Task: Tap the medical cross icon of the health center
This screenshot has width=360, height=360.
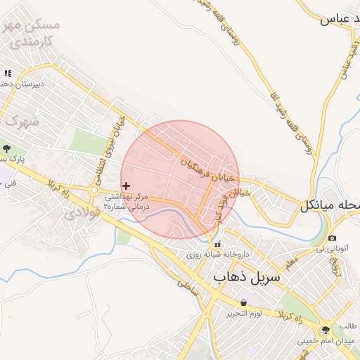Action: click(126, 186)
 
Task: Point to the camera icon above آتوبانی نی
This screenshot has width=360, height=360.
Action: click(332, 239)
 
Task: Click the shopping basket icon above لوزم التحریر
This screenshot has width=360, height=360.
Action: click(243, 302)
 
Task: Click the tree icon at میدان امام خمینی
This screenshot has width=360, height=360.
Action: click(324, 330)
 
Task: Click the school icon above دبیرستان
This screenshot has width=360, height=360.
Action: click(8, 72)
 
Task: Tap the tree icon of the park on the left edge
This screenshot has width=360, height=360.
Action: click(6, 148)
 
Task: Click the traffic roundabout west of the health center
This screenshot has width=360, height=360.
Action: click(94, 189)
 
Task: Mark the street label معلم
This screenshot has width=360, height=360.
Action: click(290, 262)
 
